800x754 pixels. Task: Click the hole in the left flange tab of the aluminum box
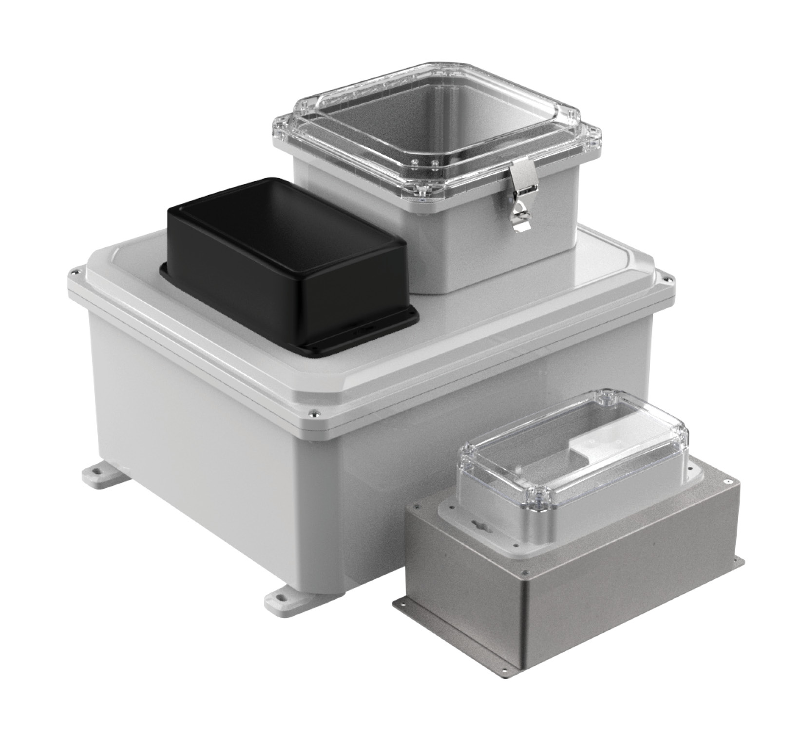(400, 604)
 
